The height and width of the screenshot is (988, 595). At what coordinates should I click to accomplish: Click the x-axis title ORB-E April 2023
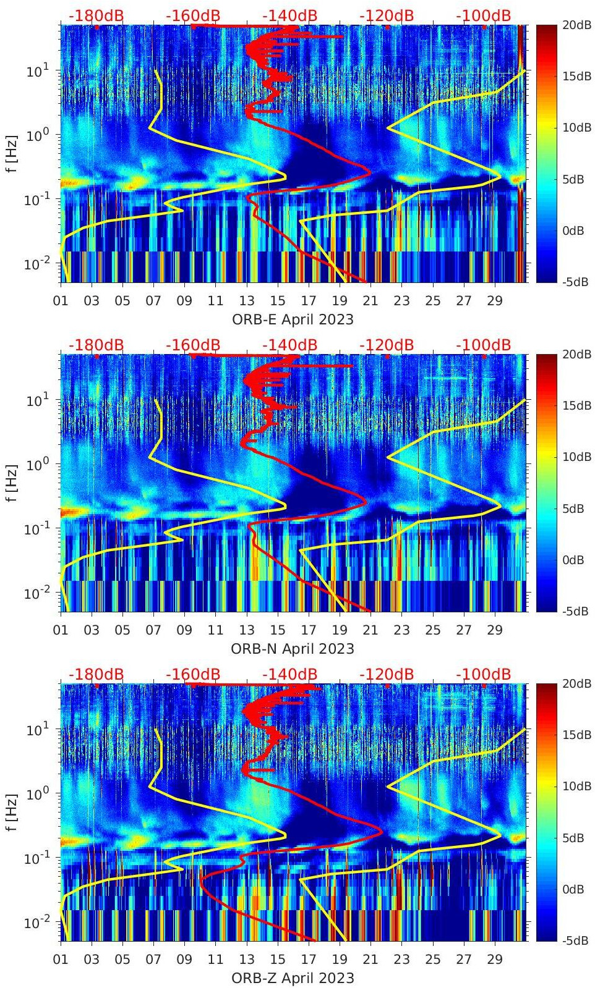[293, 319]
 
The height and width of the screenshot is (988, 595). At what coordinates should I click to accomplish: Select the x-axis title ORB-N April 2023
[293, 649]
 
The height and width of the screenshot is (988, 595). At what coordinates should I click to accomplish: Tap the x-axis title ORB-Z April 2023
[293, 978]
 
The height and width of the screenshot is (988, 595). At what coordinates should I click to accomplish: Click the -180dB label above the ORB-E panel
[96, 15]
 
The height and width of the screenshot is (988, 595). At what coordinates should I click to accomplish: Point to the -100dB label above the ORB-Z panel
[484, 674]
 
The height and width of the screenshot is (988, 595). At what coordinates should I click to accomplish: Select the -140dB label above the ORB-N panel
[289, 345]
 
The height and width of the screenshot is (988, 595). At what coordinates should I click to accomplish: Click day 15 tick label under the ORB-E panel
[278, 301]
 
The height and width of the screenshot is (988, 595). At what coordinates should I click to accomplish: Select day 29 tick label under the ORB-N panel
[495, 630]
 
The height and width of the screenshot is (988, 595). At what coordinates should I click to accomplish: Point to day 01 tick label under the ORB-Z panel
[61, 960]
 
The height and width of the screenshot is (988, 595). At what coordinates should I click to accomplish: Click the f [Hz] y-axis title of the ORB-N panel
[12, 483]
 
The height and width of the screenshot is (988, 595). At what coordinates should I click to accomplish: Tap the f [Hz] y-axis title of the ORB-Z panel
[12, 812]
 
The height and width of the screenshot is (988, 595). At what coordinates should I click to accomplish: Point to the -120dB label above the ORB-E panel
[387, 15]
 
